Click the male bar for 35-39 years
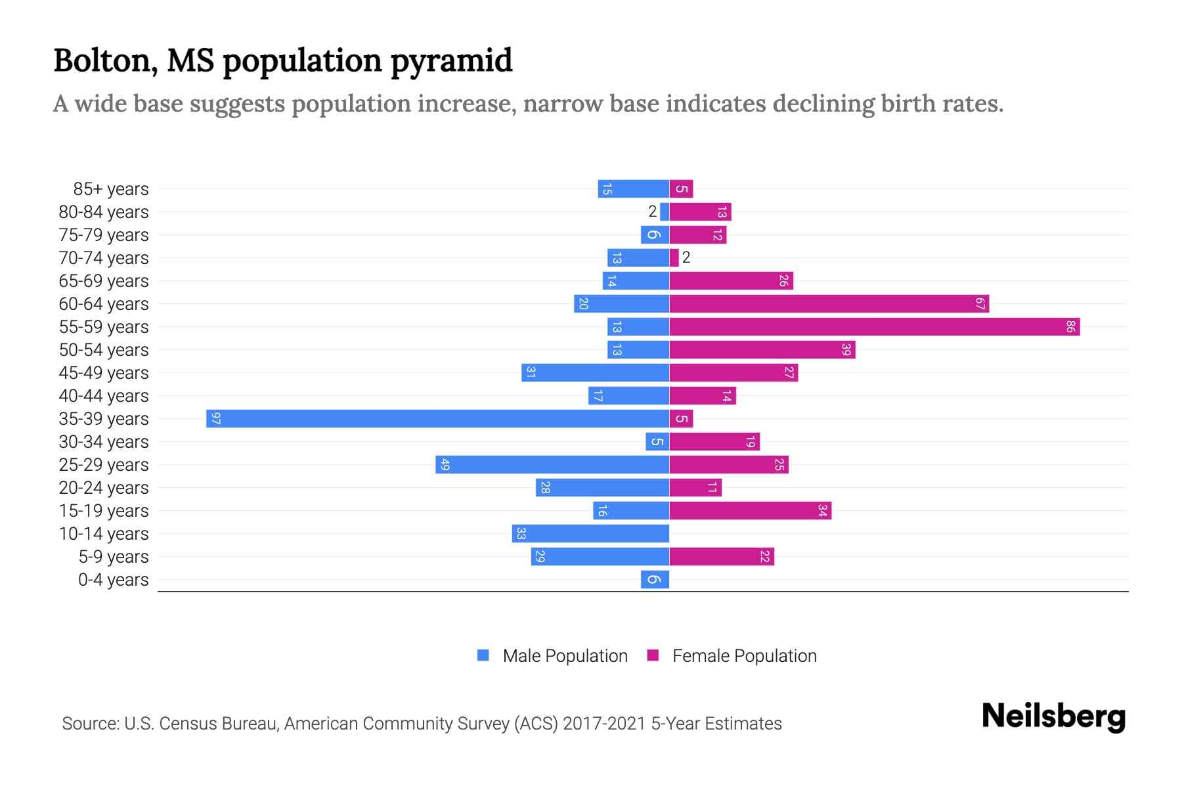point(437,419)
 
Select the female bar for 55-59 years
point(875,327)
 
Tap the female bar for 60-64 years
point(829,304)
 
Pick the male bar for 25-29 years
point(552,465)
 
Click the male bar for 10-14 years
point(590,534)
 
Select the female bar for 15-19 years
point(750,511)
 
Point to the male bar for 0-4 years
point(655,580)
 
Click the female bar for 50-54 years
point(762,350)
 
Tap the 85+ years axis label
point(111,189)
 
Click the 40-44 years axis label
point(104,396)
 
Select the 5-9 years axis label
point(114,557)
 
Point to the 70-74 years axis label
point(104,258)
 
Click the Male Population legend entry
point(564,656)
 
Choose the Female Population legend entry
point(744,656)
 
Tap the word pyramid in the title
point(451,61)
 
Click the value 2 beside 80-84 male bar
point(652,211)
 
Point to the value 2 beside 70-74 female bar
point(686,257)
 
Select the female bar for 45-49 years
point(733,373)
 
